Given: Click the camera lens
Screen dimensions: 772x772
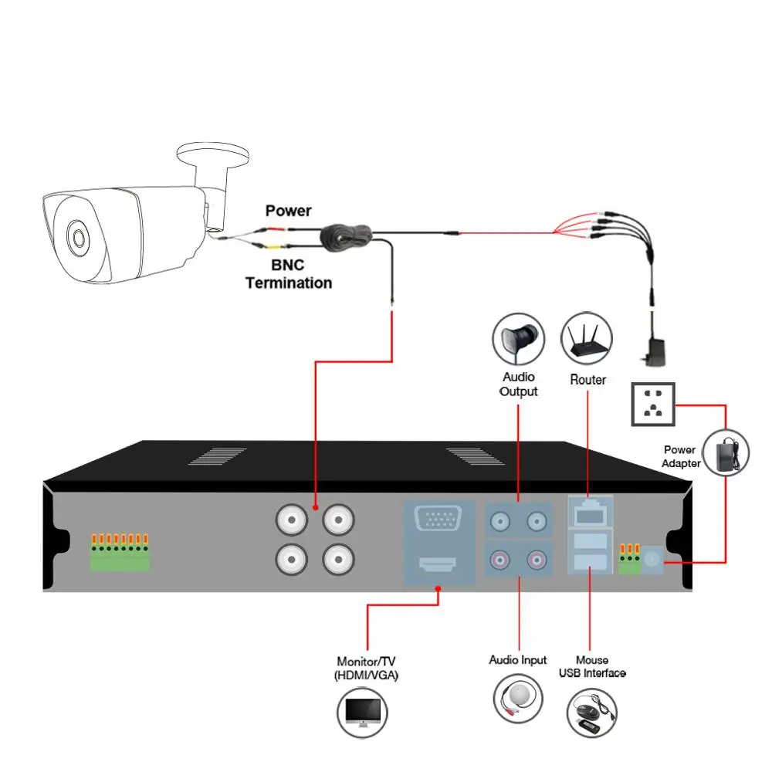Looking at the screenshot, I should coord(78,238).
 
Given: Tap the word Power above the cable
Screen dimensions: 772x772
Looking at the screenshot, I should coord(288,211).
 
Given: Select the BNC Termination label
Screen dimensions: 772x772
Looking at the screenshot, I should coord(289,275).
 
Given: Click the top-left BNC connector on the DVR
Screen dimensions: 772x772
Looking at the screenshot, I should coord(292,522).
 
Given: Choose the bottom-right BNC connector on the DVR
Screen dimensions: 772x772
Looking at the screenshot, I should coord(337,557).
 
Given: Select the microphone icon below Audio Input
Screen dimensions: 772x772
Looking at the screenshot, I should coord(518,697).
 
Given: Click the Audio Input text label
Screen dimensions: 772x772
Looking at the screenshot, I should coord(518,660).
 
